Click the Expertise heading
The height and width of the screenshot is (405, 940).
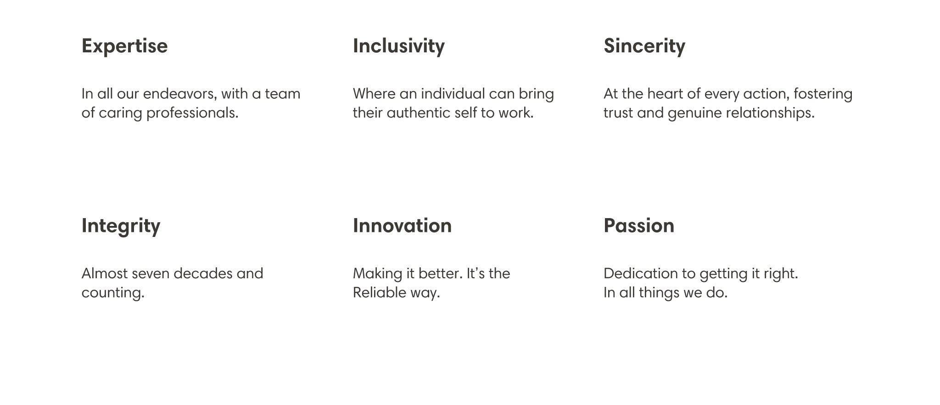point(124,46)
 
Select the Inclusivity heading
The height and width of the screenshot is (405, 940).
point(398,46)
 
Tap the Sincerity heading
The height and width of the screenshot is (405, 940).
point(644,46)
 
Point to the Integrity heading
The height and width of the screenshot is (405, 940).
point(121,226)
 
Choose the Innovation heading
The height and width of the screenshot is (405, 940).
point(402,226)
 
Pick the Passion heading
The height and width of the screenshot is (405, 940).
point(638,226)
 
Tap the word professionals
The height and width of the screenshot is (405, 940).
point(192,113)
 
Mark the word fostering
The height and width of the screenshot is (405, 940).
point(823,94)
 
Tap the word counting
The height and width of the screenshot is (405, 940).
point(113,293)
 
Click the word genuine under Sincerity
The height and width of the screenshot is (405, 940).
point(694,113)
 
